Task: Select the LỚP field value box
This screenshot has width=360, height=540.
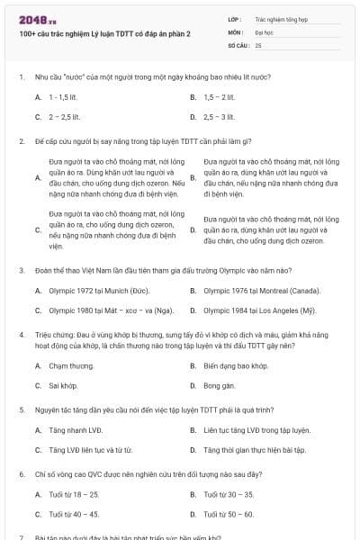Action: [297, 18]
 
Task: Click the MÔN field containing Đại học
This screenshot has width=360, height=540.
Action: [297, 31]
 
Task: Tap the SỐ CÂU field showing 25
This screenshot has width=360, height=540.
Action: [297, 44]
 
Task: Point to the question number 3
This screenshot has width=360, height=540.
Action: [21, 269]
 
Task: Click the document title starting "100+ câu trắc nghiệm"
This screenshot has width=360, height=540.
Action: [104, 33]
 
